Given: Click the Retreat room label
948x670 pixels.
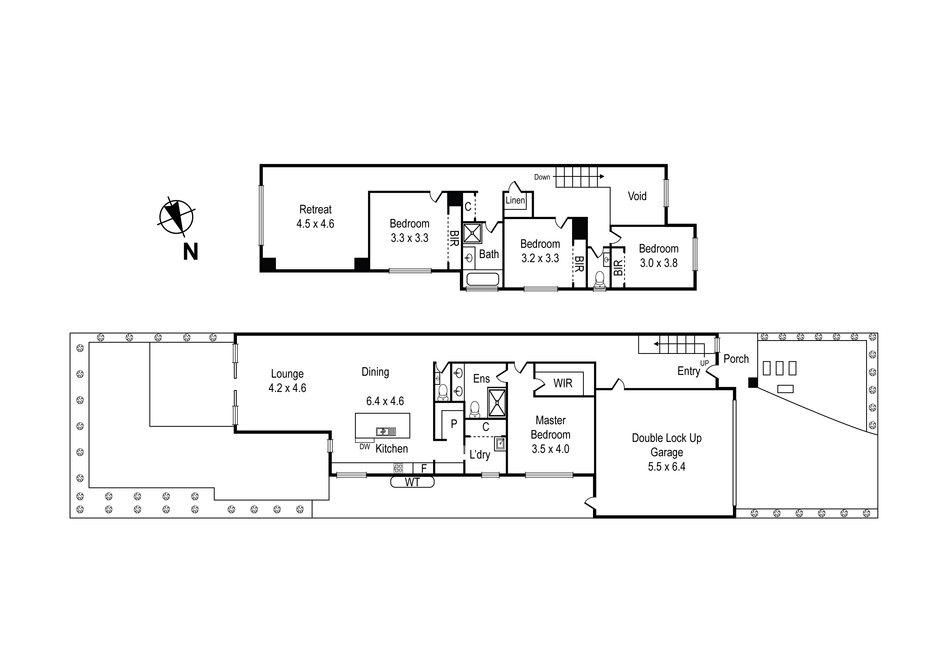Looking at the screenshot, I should [316, 209].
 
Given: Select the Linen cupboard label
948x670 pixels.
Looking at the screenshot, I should [515, 201].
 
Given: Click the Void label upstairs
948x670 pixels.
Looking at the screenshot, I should [637, 196].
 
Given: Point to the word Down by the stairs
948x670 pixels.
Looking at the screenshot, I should [542, 177].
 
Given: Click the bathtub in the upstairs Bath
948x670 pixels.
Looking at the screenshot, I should [482, 280].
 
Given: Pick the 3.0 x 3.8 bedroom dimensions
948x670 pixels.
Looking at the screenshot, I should [659, 263].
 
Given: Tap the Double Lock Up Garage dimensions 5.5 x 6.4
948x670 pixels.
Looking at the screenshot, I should [666, 467].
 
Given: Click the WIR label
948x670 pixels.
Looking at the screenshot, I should [563, 383].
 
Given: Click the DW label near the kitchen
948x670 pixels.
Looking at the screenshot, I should [364, 446].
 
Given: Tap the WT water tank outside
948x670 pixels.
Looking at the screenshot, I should [412, 482].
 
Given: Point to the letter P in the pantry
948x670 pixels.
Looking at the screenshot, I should [454, 424].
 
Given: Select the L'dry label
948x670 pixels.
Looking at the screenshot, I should [480, 455].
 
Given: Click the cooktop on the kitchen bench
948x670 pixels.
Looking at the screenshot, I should [398, 468].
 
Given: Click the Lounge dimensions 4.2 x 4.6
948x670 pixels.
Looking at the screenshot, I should [287, 388].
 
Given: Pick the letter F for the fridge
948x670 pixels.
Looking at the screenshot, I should [424, 469].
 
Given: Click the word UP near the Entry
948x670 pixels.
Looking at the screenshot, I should [704, 363].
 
